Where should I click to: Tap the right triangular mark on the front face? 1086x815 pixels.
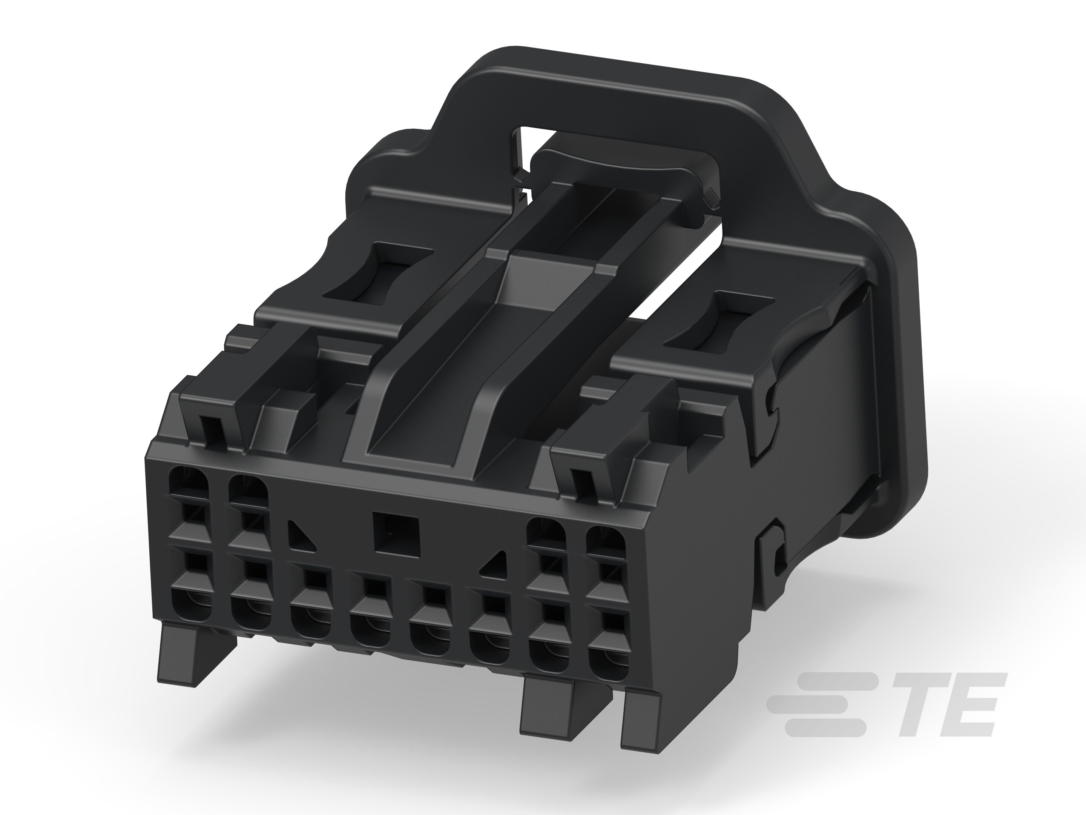495,565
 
